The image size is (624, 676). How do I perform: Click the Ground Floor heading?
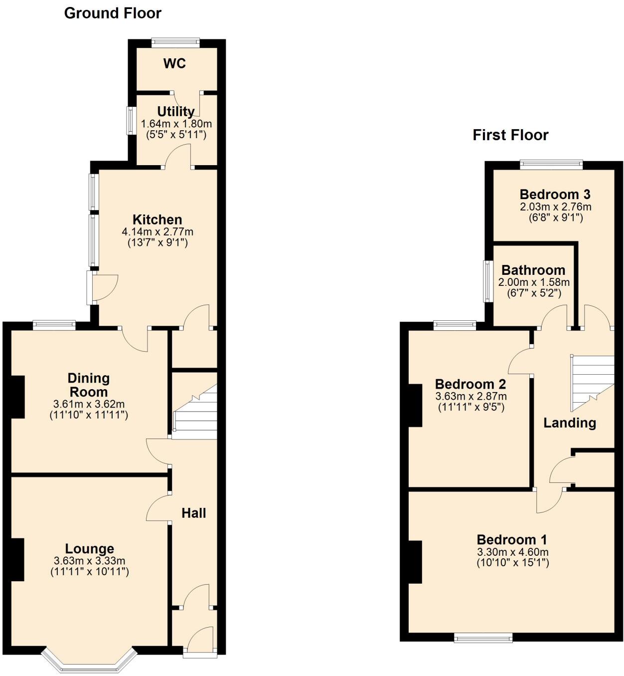point(113,13)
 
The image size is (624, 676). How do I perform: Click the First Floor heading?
point(510,135)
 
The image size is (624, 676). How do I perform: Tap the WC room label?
point(174,63)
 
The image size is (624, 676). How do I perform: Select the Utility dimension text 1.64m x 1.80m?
point(176,124)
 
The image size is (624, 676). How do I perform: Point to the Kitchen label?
point(157,220)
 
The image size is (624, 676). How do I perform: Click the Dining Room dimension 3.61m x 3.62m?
point(89,404)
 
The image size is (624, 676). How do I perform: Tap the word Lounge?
point(90,549)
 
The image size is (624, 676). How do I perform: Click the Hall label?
point(193,513)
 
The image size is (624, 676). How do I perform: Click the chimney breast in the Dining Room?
point(18,397)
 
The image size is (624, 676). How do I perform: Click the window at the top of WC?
point(175,43)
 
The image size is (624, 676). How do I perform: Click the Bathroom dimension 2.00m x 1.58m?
point(534,282)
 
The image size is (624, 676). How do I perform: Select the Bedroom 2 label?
point(470,384)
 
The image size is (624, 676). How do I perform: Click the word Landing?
point(569,423)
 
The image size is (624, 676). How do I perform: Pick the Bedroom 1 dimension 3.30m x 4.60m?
point(512,552)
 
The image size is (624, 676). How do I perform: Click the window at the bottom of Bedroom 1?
point(483,637)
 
